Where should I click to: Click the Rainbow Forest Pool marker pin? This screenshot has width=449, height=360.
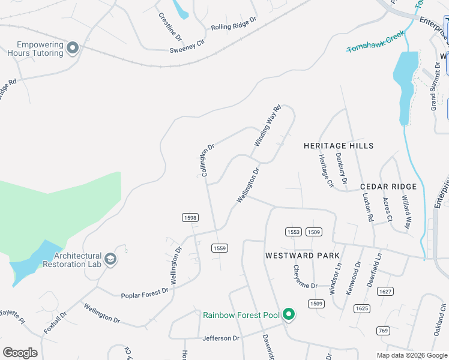(289, 314)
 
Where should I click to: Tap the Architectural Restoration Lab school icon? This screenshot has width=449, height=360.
(110, 259)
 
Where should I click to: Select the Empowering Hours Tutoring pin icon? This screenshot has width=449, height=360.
(73, 48)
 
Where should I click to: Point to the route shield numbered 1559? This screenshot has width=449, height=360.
(219, 248)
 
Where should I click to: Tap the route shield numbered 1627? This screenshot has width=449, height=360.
(385, 292)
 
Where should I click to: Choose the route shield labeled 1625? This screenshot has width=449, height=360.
(362, 308)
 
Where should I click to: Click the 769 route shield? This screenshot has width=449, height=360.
(383, 331)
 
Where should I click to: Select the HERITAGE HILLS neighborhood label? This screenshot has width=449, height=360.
(339, 146)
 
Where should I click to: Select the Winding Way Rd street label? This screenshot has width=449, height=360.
(268, 126)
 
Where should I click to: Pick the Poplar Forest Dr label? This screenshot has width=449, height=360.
(145, 292)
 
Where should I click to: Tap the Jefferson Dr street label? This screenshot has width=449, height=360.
(221, 338)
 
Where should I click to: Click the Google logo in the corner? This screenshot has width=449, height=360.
(20, 353)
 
